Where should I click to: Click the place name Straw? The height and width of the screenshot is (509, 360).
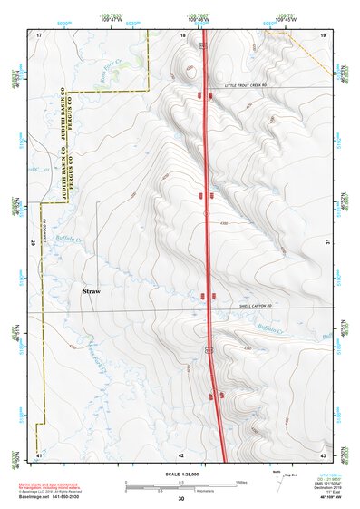click(92, 292)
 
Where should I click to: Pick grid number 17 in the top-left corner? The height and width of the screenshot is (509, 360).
click(39, 34)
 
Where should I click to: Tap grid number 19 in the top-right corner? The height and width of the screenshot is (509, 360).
click(322, 34)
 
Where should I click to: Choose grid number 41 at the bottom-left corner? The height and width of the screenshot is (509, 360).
click(39, 454)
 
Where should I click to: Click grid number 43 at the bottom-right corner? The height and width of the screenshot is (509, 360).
click(322, 454)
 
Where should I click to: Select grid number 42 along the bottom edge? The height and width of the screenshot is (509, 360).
click(181, 455)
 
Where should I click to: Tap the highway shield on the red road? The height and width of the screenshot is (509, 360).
click(209, 348)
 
